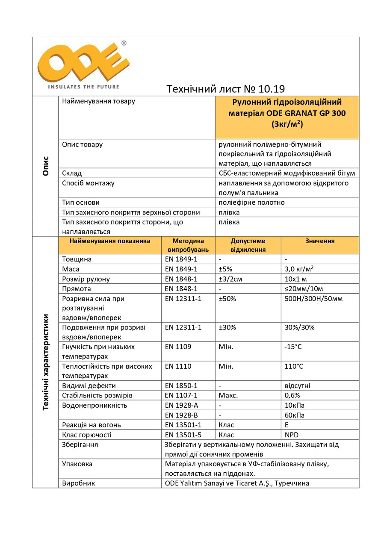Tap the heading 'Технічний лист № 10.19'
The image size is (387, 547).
pos(225,89)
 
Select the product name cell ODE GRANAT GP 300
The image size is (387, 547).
pos(287,113)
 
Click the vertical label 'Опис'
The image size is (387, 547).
pos(46,166)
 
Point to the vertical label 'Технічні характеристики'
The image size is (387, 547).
pos(46,362)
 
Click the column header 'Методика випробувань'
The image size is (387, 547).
pos(188,245)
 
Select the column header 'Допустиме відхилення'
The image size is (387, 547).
pos(248,245)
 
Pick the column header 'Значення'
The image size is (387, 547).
pos(320,241)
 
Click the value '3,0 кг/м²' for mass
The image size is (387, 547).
pos(301,269)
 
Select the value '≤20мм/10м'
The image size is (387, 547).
pos(304,288)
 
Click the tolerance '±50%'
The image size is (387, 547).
pos(227,298)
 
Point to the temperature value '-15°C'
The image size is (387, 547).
pos(293,347)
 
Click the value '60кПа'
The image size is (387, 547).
pos(295,415)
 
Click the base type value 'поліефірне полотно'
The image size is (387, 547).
pos(251,202)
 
